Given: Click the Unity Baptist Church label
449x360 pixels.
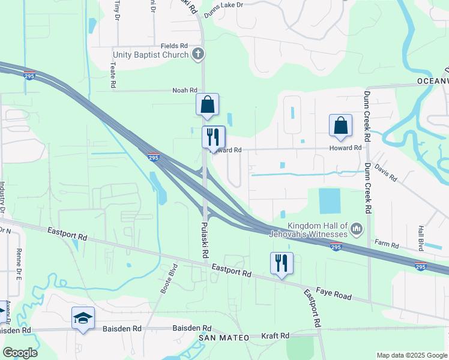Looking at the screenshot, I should tap(150, 55).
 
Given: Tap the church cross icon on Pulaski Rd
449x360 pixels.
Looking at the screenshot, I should tap(198, 55).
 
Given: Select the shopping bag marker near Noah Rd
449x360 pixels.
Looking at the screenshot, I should tap(207, 104).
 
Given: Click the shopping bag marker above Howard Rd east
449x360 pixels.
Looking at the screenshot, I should tap(340, 125).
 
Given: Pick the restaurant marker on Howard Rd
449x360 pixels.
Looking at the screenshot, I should tap(213, 137).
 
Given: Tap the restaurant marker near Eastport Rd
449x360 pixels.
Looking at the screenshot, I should tap(282, 262).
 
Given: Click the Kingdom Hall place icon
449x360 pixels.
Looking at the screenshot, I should tap(356, 228).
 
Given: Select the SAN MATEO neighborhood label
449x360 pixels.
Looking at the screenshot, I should tap(224, 338).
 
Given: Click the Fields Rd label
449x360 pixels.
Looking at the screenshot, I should tap(174, 46).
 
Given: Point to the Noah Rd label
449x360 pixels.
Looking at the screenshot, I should tap(185, 90).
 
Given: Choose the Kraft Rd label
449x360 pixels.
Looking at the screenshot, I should tap(276, 335).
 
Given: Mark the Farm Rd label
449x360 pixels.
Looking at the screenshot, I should tap(387, 245).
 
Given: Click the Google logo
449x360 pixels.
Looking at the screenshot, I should tap(20, 353).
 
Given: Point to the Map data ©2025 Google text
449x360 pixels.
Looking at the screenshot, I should tap(412, 355).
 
